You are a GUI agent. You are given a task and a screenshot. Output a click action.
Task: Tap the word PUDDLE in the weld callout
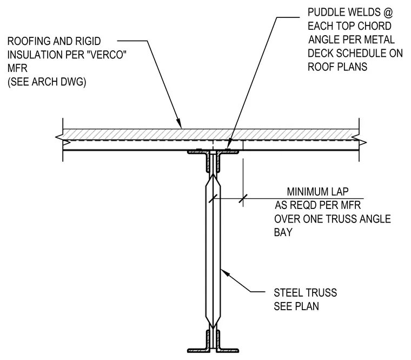point(324,12)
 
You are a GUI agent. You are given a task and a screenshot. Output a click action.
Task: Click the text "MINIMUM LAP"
point(317,192)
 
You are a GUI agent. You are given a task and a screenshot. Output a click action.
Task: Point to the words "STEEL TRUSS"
point(306,292)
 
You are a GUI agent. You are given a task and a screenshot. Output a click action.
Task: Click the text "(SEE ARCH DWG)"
point(47,82)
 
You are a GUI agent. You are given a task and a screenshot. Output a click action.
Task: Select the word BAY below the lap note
point(283,232)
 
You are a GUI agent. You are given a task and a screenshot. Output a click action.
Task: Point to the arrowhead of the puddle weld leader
point(228,146)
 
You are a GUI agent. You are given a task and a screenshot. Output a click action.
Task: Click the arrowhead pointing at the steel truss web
point(225,273)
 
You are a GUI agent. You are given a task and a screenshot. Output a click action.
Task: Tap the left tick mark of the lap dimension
point(213,199)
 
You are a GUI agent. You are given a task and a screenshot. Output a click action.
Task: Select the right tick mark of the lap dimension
point(243,199)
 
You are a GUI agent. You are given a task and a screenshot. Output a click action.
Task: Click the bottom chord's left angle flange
point(197,350)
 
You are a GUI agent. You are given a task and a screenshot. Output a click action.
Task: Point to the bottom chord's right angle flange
point(229,350)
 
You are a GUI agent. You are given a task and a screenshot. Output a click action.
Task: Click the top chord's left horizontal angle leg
point(197,152)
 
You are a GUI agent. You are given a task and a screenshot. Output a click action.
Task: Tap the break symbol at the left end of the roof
point(62,140)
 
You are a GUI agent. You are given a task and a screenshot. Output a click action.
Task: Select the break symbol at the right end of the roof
point(359,140)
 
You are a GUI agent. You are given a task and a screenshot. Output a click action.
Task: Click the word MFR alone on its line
point(17,68)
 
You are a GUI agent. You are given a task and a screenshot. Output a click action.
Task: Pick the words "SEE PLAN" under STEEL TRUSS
point(296,306)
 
